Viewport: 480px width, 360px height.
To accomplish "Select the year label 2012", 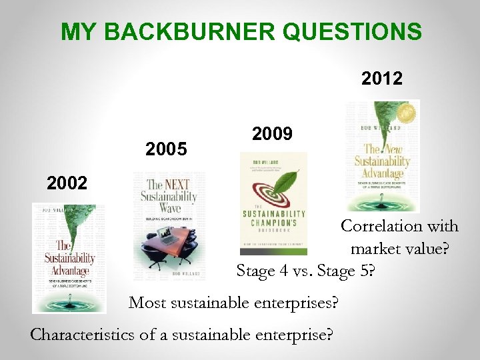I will [382, 79].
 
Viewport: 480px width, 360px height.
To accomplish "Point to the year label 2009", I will [272, 134].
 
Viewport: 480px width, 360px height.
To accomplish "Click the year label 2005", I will [166, 149].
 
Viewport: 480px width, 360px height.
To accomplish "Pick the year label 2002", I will [67, 183].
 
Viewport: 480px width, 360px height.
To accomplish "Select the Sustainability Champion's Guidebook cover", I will [273, 203].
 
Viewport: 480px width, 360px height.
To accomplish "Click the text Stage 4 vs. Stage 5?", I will [305, 271].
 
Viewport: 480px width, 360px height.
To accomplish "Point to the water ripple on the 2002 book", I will [67, 303].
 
